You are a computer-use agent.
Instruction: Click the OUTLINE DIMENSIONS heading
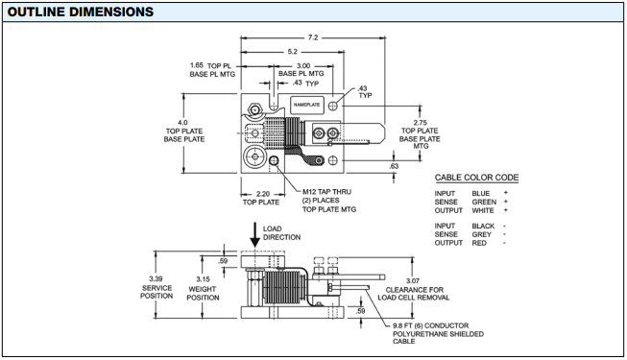pos(81,12)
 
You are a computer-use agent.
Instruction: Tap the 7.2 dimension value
pos(313,37)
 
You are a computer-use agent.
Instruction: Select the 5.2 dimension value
pos(292,52)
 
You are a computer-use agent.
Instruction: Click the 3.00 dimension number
pos(303,65)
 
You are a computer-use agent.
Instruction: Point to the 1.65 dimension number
pos(196,65)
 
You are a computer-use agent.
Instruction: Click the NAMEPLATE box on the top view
pos(306,105)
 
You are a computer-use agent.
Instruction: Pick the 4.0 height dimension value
pos(182,123)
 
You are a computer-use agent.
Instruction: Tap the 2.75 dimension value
pos(420,123)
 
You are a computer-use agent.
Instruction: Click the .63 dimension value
pos(394,166)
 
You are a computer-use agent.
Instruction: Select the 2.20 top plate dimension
pos(263,194)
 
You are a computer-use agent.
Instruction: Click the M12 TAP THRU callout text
pos(326,192)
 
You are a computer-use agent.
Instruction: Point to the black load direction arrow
pos(254,235)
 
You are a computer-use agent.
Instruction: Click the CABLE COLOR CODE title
pos(476,178)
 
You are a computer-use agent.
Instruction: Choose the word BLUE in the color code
pos(481,194)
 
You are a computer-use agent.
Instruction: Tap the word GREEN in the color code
pos(484,202)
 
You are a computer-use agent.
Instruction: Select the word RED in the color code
pos(479,243)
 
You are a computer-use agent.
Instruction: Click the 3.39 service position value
pos(156,278)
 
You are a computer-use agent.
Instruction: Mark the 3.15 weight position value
pos(203,279)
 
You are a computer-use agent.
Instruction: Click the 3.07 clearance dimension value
pos(413,281)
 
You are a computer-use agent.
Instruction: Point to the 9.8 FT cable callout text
pos(438,333)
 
